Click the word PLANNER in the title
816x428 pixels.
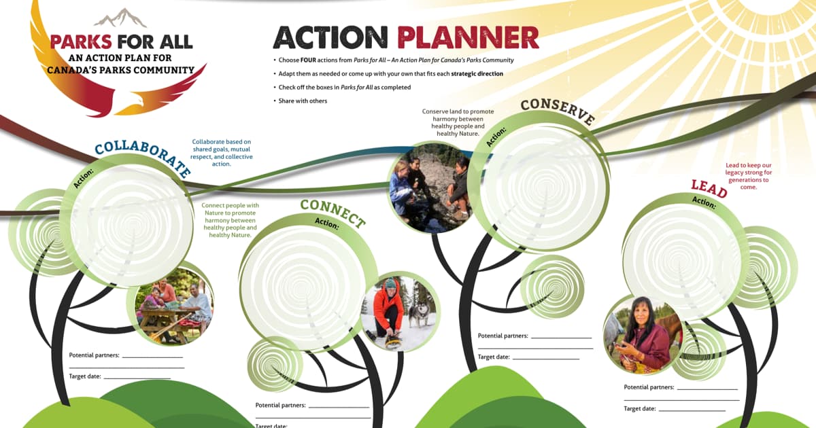(468, 37)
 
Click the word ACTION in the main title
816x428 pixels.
(330, 37)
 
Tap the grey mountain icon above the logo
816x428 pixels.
(120, 18)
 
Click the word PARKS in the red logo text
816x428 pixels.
(81, 42)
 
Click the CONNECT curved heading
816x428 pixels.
(333, 213)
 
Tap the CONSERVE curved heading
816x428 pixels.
(558, 111)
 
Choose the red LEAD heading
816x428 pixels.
(709, 189)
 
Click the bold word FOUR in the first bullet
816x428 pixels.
(308, 60)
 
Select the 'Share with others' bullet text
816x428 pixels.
(303, 101)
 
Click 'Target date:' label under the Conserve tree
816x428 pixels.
(494, 357)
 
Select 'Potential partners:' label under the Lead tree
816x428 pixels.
(649, 387)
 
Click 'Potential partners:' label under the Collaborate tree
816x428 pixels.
(94, 355)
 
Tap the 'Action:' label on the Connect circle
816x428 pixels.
(327, 224)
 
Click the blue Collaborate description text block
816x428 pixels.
(222, 153)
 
